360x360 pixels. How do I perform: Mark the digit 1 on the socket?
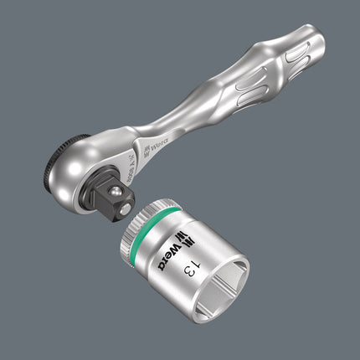tap(193, 275)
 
